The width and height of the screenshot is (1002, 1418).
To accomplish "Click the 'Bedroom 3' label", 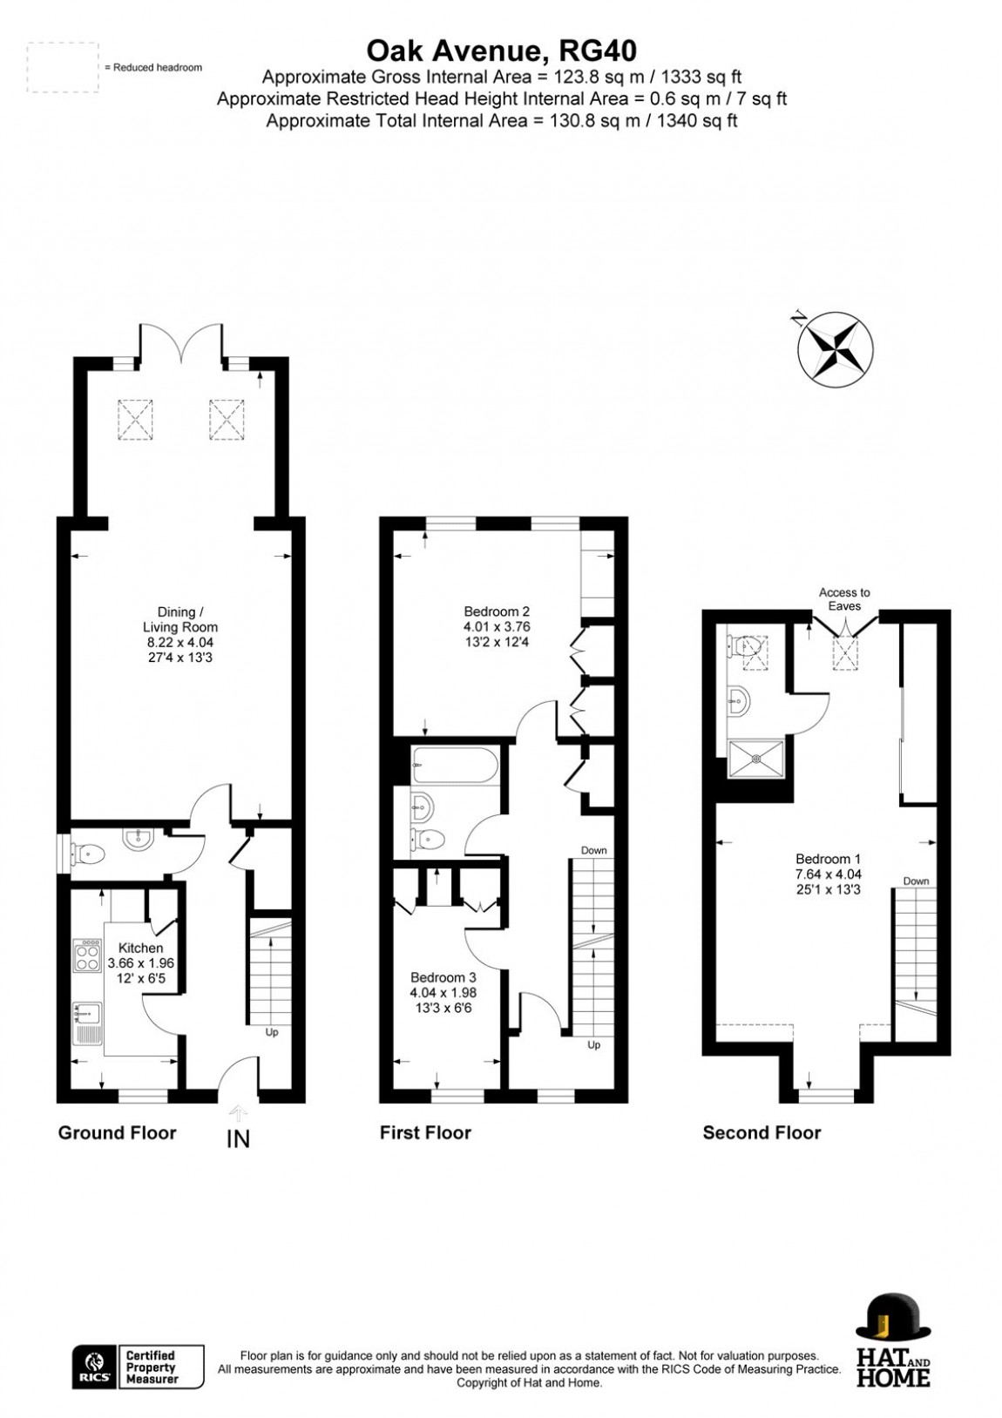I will (x=443, y=976).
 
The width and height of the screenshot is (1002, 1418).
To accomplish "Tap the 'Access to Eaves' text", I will (x=844, y=598).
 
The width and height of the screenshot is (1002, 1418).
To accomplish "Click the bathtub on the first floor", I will (x=456, y=766).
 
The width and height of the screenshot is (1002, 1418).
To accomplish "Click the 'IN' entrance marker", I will (x=238, y=1138).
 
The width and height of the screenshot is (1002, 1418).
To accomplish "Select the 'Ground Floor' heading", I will (x=117, y=1132).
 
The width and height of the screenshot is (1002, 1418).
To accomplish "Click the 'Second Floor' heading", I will (x=762, y=1132).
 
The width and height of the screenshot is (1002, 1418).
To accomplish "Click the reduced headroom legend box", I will (x=61, y=68).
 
